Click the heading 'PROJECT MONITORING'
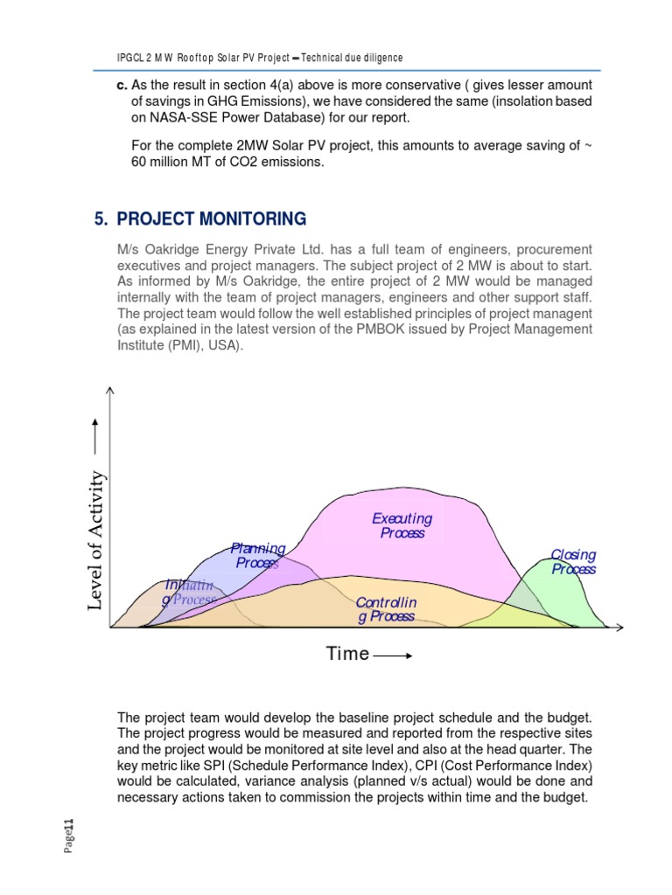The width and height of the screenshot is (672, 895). (x=212, y=219)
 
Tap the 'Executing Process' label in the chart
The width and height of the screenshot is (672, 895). (x=402, y=525)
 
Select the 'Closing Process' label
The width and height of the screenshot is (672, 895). (x=573, y=561)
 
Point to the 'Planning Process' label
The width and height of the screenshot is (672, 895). (x=257, y=555)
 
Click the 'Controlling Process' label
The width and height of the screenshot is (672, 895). (x=386, y=610)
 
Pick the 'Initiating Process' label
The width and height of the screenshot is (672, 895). (x=188, y=592)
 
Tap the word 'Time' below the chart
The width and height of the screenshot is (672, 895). (x=347, y=654)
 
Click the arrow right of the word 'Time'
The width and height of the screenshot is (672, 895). (x=393, y=656)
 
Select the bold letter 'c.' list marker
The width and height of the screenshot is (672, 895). (x=122, y=85)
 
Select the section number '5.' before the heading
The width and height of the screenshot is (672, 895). (x=100, y=219)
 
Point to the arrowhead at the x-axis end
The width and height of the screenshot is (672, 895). (x=619, y=628)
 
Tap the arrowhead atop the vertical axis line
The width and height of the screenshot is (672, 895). (x=109, y=390)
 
